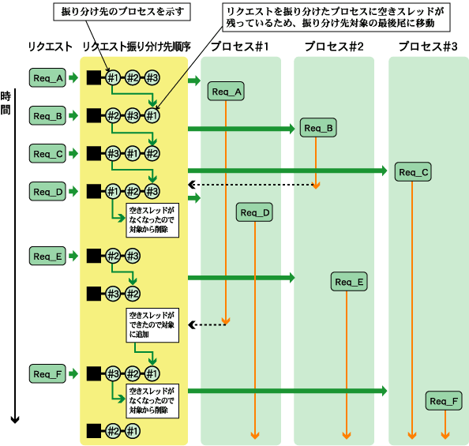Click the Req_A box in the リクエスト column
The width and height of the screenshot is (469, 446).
[x=47, y=78]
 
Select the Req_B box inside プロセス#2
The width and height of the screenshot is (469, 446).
[x=318, y=128]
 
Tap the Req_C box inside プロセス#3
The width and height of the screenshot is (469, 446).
[x=413, y=172]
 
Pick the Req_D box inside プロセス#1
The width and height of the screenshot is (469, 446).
[x=254, y=212]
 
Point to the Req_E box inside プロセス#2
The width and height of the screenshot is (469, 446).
[x=349, y=282]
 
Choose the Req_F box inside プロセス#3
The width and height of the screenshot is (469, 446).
[x=444, y=401]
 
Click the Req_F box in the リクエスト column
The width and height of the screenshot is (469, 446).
[x=47, y=373]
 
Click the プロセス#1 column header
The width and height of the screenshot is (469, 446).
[x=240, y=47]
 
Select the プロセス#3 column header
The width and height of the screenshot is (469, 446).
[x=428, y=47]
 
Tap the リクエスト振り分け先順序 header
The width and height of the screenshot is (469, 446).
[x=137, y=47]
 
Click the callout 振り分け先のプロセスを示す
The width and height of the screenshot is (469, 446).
[x=122, y=12]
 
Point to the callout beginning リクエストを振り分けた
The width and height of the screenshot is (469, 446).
[x=336, y=17]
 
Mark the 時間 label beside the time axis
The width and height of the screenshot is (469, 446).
[x=6, y=103]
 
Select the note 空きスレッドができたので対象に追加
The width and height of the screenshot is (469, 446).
[x=152, y=325]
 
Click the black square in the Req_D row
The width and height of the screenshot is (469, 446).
[x=94, y=192]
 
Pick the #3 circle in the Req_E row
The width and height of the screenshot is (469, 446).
[x=133, y=256]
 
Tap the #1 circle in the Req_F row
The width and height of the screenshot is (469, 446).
[x=152, y=373]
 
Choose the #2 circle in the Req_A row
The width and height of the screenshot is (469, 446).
[x=133, y=78]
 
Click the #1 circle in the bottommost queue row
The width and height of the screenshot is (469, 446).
[x=133, y=431]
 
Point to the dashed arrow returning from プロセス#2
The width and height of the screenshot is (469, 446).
[x=252, y=185]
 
